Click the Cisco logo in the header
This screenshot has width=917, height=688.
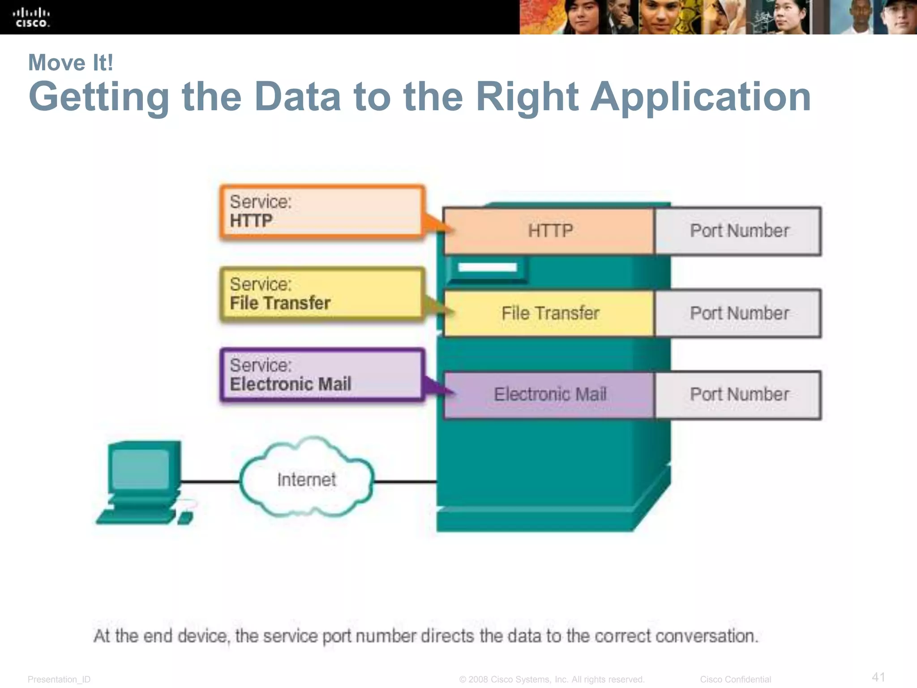31,17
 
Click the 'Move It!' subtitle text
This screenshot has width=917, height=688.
70,62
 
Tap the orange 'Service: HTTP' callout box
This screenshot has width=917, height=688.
321,211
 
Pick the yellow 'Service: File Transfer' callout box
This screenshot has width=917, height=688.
321,294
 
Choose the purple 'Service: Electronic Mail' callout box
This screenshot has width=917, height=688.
321,375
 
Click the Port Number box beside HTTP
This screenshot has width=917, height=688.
738,231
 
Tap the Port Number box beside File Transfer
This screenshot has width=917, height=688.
738,313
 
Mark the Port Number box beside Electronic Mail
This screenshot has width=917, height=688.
738,395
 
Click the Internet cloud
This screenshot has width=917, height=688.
306,479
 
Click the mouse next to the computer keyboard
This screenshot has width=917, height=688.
185,518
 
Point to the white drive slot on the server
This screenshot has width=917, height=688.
487,267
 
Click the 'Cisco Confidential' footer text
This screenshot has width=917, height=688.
735,679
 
